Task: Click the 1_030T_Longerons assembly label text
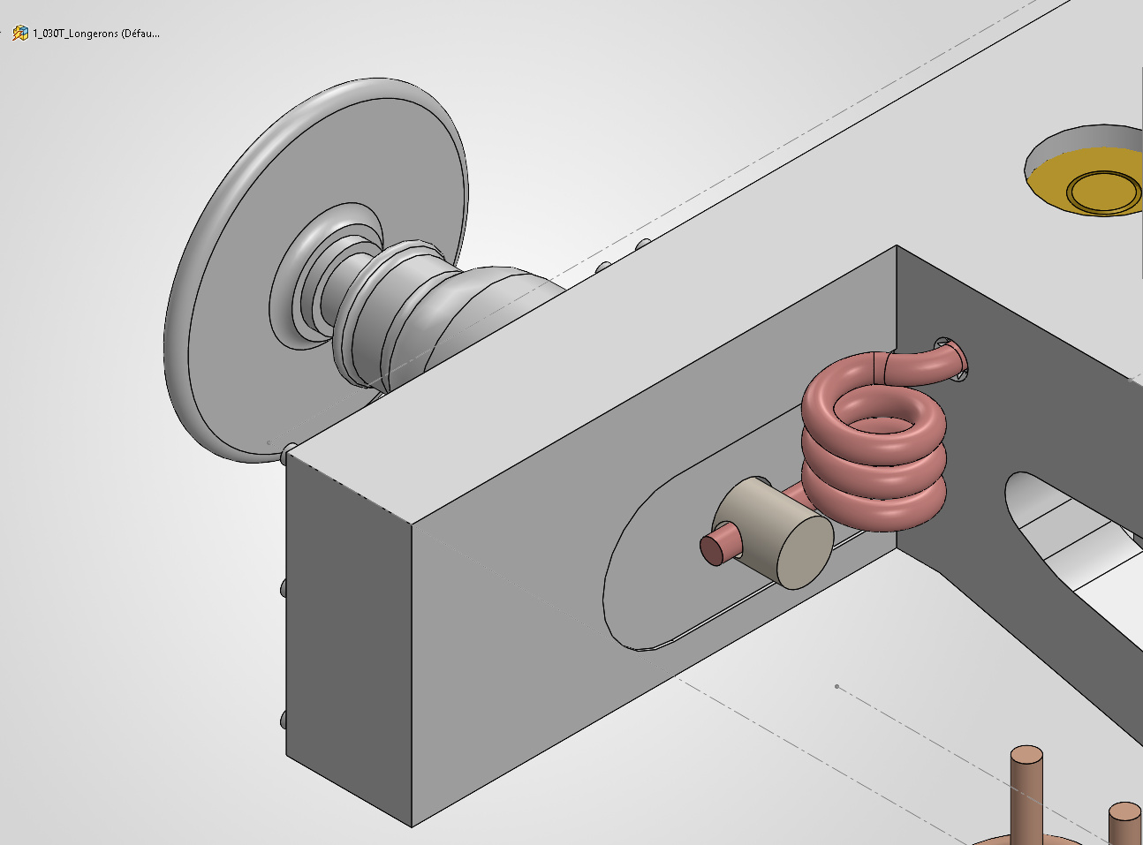pyautogui.click(x=96, y=34)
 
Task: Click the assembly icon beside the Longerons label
pyautogui.click(x=20, y=33)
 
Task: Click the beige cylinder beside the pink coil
pyautogui.click(x=773, y=533)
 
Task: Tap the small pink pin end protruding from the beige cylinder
pyautogui.click(x=717, y=545)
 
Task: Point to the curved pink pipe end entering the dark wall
pyautogui.click(x=927, y=363)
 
